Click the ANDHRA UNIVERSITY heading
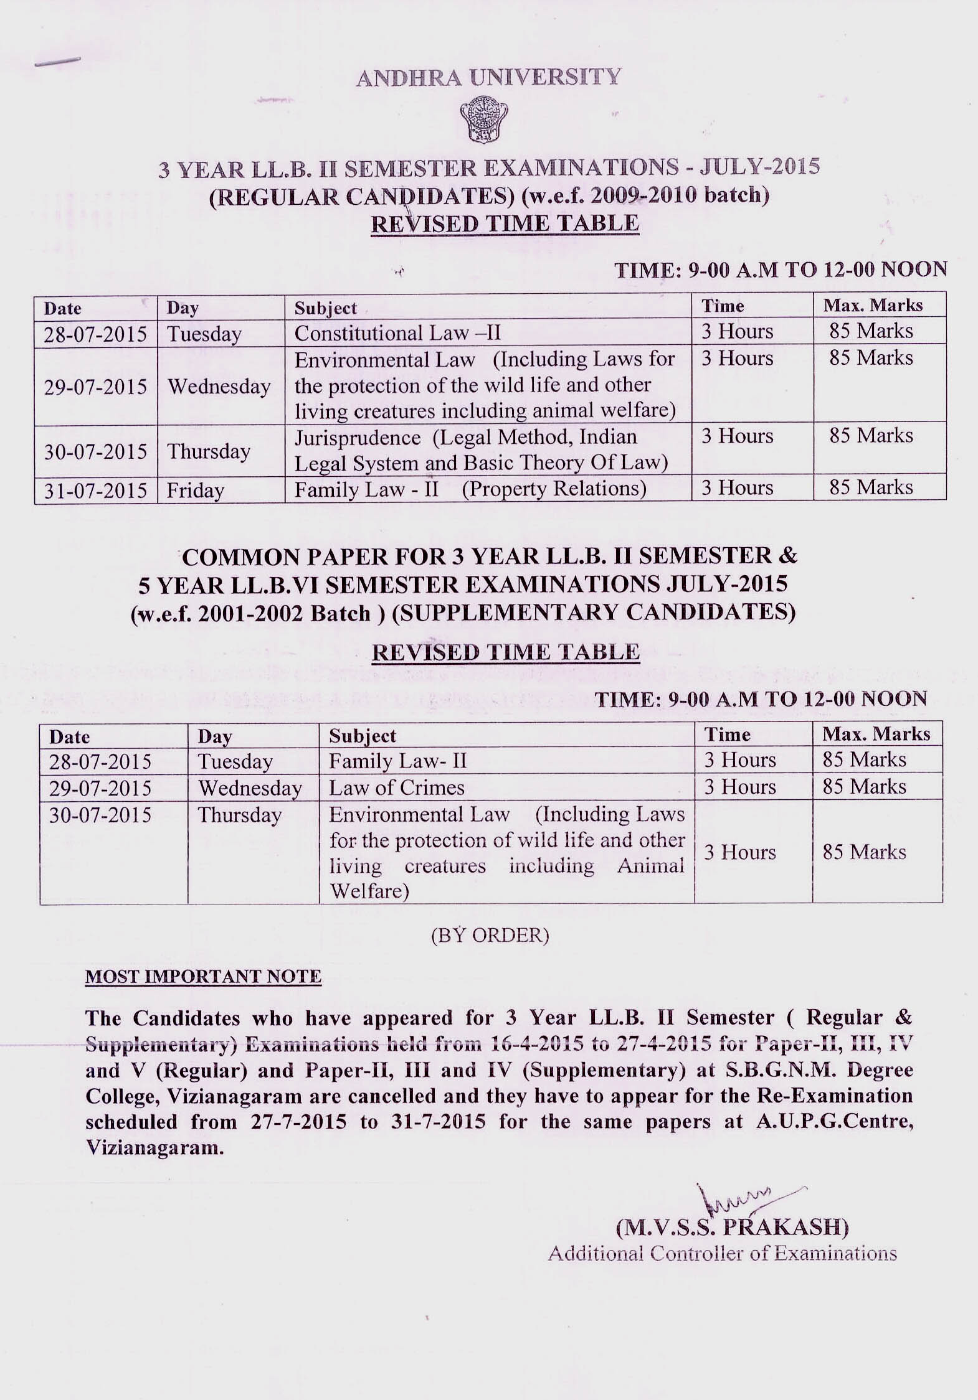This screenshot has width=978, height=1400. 488,77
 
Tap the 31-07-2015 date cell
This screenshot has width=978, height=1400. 95,490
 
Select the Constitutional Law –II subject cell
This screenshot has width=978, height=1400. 397,333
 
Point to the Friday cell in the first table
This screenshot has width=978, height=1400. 195,491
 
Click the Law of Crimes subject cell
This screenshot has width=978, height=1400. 397,787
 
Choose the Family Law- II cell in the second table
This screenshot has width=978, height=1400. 397,761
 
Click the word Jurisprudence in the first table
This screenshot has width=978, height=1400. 358,438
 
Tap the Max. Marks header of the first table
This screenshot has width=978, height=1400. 873,305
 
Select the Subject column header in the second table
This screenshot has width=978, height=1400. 363,736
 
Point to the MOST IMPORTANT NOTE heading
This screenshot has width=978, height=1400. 203,976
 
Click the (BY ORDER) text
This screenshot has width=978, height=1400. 490,936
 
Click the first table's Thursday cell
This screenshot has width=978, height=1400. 208,451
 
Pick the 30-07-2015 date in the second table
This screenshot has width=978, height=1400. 100,815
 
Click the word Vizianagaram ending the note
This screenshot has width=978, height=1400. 153,1148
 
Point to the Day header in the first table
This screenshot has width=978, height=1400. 183,308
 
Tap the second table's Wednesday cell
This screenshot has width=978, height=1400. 250,788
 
